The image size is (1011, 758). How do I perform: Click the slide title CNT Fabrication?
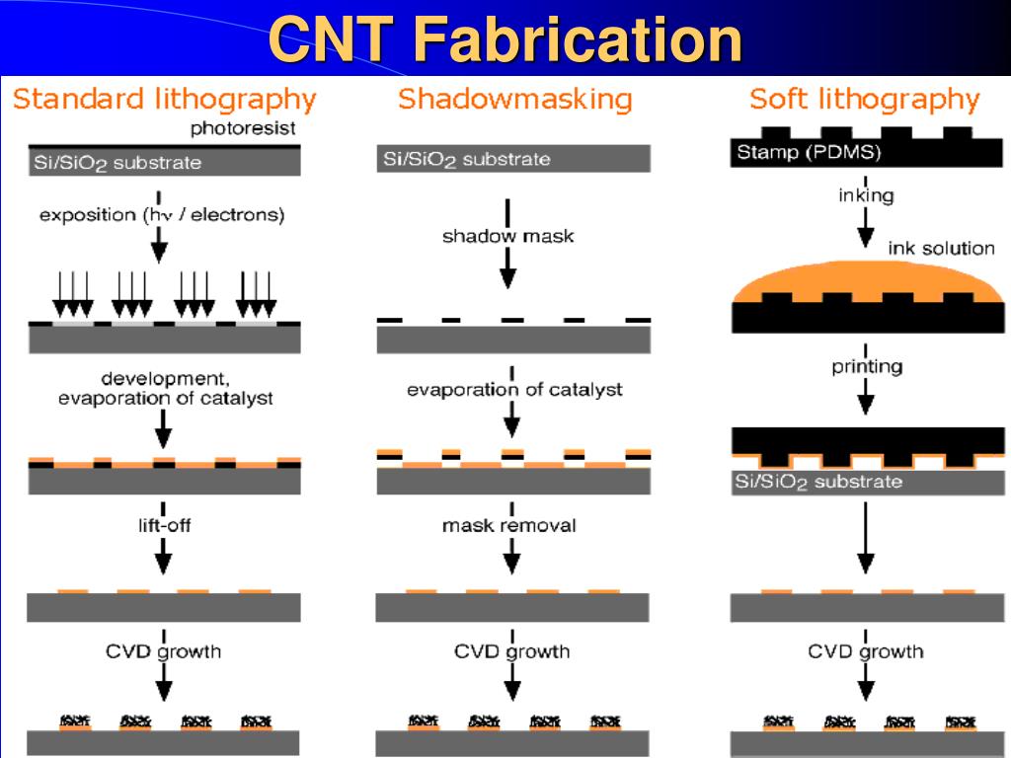(x=505, y=38)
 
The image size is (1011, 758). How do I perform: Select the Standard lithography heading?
(x=165, y=100)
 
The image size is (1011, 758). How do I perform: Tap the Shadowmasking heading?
(x=515, y=100)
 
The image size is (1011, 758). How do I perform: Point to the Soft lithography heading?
(x=865, y=100)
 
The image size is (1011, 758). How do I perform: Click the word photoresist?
(x=243, y=128)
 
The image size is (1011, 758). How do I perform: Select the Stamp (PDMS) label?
(x=809, y=152)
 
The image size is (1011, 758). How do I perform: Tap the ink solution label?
(x=941, y=248)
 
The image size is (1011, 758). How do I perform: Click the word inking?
(x=866, y=195)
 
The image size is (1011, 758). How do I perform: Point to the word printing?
(x=867, y=367)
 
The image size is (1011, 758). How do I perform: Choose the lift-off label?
(x=165, y=525)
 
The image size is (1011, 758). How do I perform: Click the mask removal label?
(x=508, y=525)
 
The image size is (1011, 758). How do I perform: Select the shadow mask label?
(x=508, y=236)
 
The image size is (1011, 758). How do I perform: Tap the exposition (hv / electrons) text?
(x=162, y=214)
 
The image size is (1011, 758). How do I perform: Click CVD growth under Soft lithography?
(x=865, y=651)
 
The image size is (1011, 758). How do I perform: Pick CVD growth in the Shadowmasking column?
(x=512, y=651)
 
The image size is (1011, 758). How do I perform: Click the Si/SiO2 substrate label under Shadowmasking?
(x=467, y=159)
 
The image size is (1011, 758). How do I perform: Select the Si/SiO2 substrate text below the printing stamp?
(x=818, y=482)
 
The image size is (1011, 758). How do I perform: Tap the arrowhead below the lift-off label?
(x=164, y=564)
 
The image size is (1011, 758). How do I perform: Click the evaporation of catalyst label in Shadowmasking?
(x=514, y=389)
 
